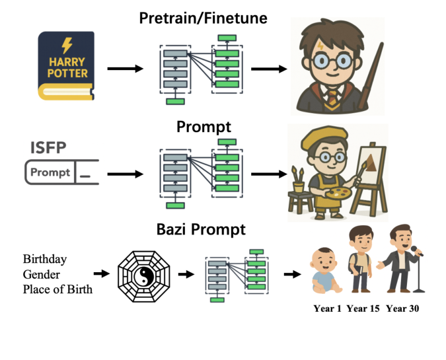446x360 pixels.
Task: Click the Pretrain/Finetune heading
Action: (x=203, y=18)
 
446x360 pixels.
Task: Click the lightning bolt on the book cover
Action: (x=67, y=45)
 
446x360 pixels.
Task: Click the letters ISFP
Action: (x=48, y=147)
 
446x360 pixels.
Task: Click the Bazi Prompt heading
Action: (x=201, y=230)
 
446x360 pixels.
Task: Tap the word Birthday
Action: (x=44, y=258)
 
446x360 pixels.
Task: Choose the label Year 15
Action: (x=362, y=308)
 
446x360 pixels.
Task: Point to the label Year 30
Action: (x=402, y=308)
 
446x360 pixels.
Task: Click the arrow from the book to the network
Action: (x=125, y=68)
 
